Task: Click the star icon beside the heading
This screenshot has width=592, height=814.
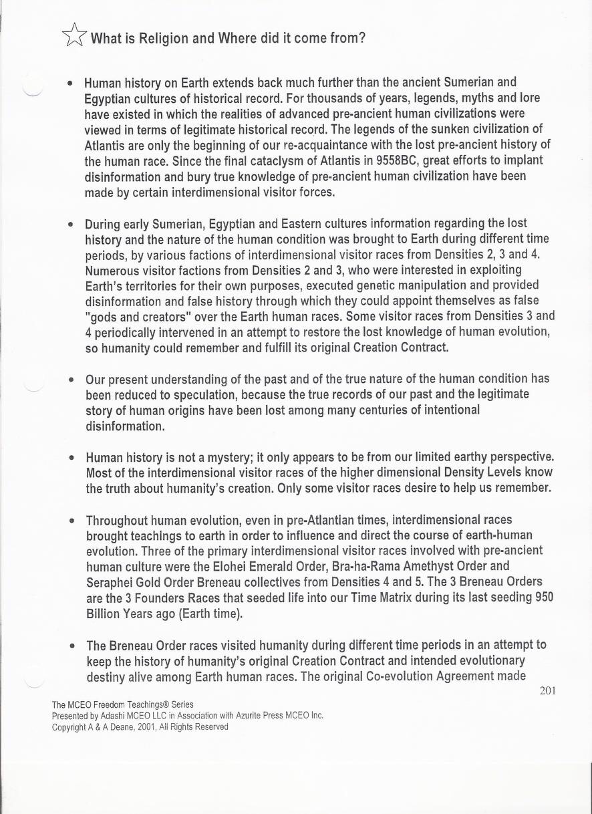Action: point(74,35)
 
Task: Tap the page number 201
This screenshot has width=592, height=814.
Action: point(547,691)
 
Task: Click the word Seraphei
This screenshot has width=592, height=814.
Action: point(110,582)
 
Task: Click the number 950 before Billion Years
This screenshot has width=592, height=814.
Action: point(544,598)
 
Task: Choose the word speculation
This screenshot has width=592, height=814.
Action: point(196,394)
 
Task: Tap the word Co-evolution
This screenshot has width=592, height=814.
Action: point(400,676)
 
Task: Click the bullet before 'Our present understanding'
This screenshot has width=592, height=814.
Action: point(71,380)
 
